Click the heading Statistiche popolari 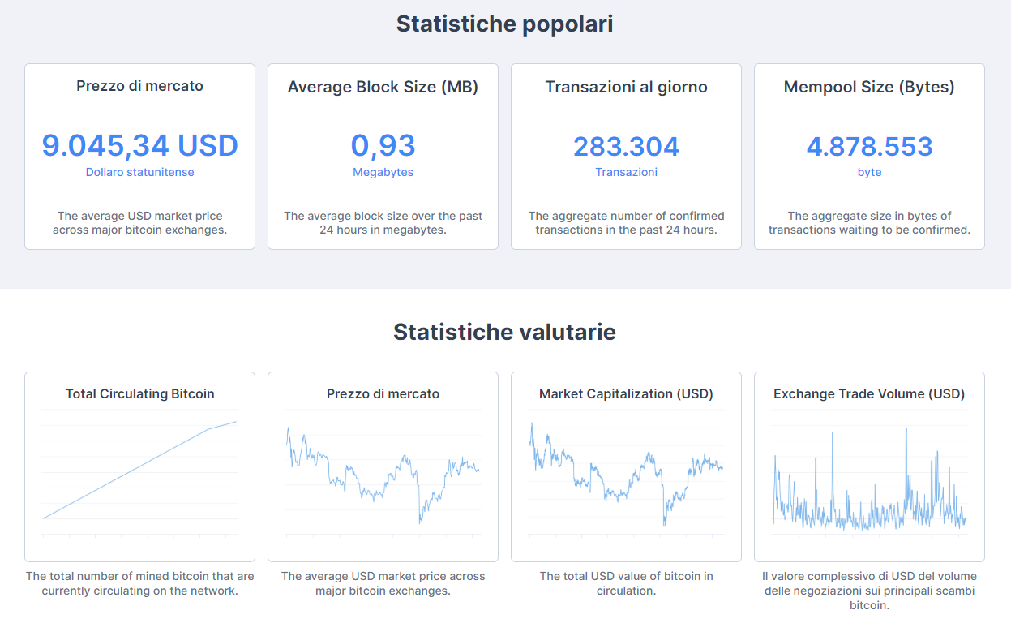504,24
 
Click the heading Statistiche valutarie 504,332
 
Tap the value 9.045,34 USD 139,146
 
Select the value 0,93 383,146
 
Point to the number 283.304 626,146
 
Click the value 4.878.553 869,146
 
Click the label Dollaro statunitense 139,172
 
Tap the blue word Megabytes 383,172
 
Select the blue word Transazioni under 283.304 626,172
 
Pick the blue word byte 869,172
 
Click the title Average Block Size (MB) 383,87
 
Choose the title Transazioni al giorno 626,87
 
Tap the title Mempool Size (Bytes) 869,87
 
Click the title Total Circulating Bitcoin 139,394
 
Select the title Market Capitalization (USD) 626,394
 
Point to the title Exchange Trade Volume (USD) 869,394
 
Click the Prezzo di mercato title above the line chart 383,394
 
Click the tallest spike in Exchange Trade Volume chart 906,428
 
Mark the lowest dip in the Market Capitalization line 664,524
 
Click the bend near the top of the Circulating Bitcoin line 209,429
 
